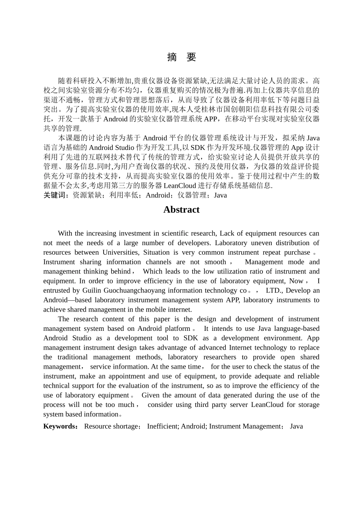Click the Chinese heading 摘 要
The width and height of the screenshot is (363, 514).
pyautogui.click(x=181, y=57)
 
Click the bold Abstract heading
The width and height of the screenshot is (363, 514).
pyautogui.click(x=181, y=210)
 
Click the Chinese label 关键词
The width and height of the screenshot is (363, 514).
pyautogui.click(x=55, y=195)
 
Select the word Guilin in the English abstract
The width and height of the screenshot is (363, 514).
pyautogui.click(x=92, y=290)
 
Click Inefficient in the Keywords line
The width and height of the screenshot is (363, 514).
pyautogui.click(x=162, y=426)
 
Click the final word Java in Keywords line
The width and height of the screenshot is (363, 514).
pyautogui.click(x=296, y=426)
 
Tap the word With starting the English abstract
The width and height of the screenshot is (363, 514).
pyautogui.click(x=65, y=233)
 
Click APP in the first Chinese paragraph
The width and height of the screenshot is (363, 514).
pyautogui.click(x=211, y=119)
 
